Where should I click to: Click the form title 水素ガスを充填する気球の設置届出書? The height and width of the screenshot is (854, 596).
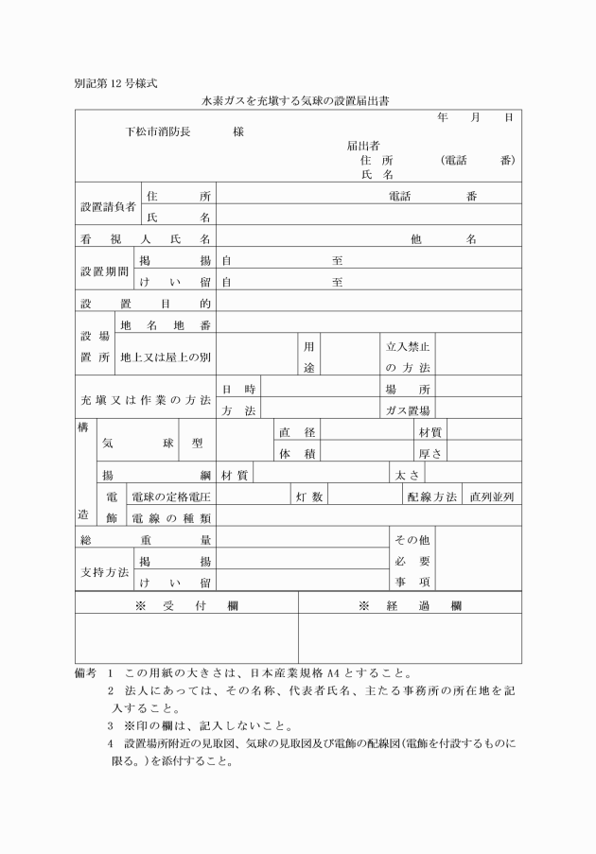pyautogui.click(x=298, y=98)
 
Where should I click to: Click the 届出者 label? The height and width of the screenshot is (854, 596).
pyautogui.click(x=363, y=146)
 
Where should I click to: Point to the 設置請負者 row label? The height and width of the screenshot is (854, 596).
pyautogui.click(x=107, y=205)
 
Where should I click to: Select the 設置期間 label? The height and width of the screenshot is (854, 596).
pyautogui.click(x=105, y=270)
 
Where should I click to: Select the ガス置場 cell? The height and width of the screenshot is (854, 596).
pyautogui.click(x=408, y=410)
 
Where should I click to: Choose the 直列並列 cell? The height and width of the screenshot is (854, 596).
pyautogui.click(x=491, y=497)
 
